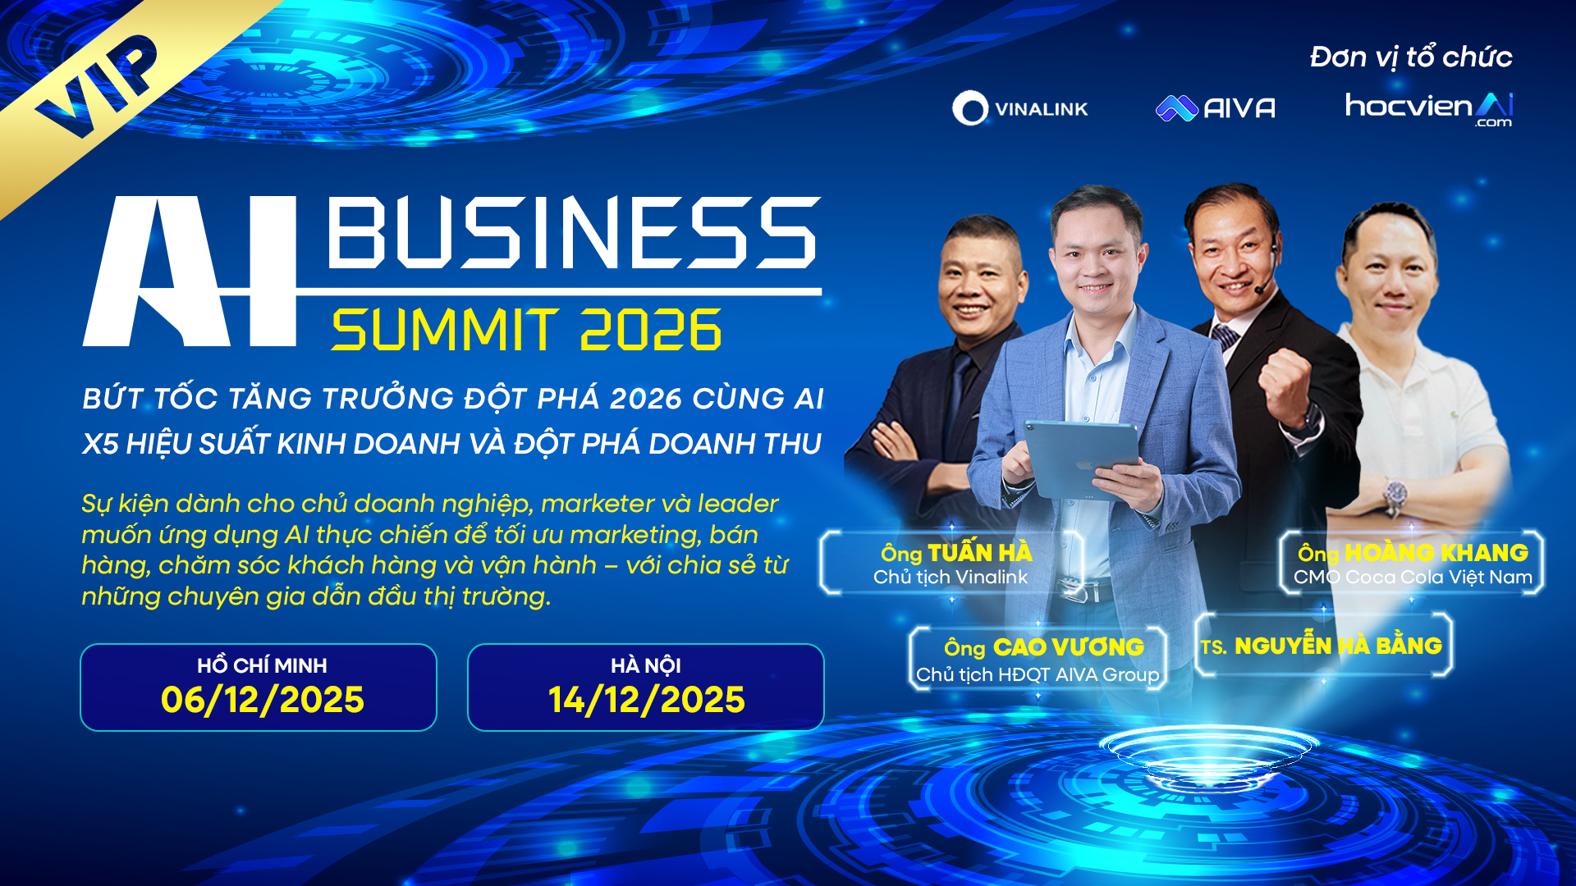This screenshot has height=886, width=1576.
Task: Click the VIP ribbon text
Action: [x=97, y=87]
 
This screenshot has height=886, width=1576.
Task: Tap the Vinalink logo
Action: [x=1019, y=108]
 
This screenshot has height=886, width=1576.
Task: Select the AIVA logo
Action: [x=1216, y=108]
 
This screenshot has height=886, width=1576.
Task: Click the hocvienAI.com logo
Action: [x=1428, y=109]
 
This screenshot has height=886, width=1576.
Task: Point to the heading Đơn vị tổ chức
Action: [x=1411, y=57]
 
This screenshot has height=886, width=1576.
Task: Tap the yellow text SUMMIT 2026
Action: [x=526, y=330]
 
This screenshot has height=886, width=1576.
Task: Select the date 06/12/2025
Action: [x=263, y=700]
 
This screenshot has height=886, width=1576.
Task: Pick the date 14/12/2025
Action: [x=647, y=700]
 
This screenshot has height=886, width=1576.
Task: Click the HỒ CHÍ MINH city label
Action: [x=262, y=664]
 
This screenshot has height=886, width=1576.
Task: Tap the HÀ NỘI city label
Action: [x=646, y=664]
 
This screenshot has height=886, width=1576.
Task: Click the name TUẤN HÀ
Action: [x=980, y=552]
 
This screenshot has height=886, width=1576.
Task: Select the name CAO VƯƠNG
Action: [x=1068, y=646]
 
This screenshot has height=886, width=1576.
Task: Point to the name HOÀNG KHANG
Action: [x=1436, y=552]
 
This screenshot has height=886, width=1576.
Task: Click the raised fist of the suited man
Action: [x=1287, y=382]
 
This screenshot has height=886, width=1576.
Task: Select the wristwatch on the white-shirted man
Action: [x=1394, y=496]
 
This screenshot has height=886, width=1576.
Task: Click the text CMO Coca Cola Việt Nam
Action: [x=1413, y=577]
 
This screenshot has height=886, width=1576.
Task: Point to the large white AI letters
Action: [x=190, y=271]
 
